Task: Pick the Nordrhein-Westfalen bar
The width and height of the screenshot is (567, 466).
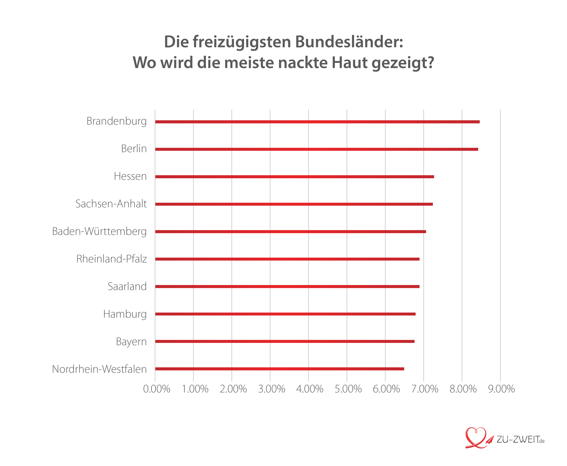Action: click(279, 369)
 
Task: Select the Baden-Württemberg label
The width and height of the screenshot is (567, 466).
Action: click(99, 232)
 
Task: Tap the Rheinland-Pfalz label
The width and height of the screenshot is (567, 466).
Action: click(111, 259)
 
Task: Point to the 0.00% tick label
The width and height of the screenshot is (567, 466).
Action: click(156, 389)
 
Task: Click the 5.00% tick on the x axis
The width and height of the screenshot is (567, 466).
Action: click(348, 389)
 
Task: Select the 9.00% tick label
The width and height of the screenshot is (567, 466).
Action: click(501, 389)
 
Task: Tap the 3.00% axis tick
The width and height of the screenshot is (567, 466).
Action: click(271, 389)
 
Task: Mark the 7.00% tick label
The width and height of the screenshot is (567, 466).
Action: click(425, 389)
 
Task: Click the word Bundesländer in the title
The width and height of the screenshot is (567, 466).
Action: click(349, 42)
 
